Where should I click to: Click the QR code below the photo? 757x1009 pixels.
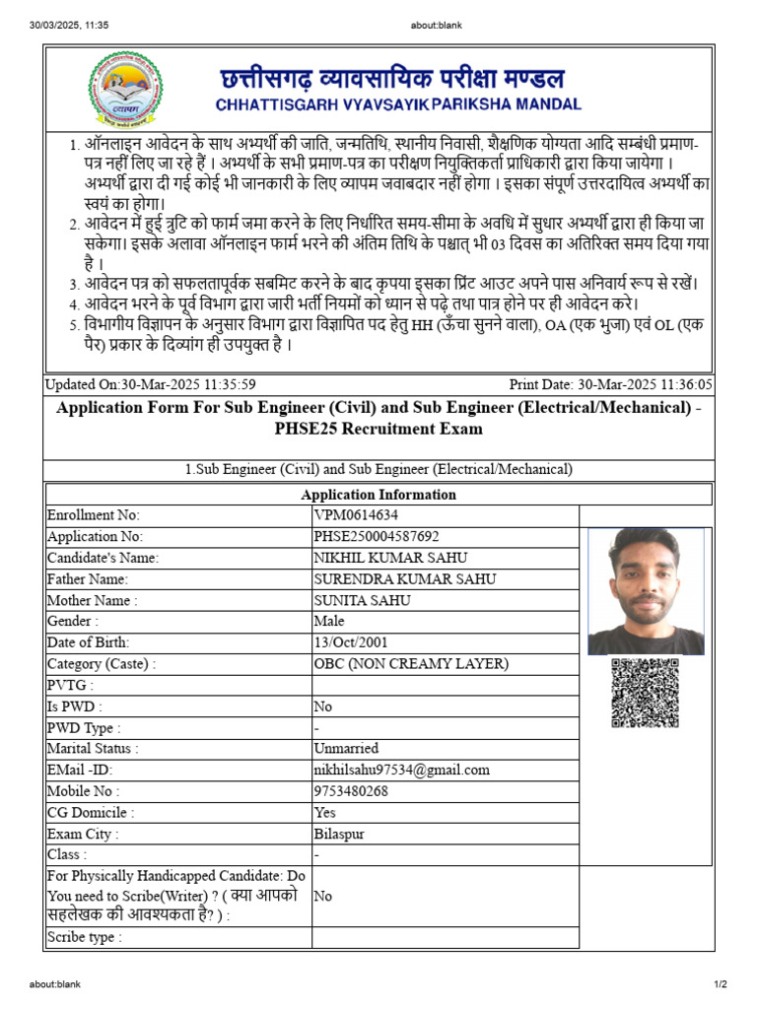point(645,693)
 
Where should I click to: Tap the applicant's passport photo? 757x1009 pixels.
point(646,591)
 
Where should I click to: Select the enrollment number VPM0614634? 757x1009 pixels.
point(356,515)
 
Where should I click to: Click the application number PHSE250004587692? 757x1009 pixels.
point(377,537)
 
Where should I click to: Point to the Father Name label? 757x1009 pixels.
point(88,579)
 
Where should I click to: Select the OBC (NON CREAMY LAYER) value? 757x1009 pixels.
point(411,664)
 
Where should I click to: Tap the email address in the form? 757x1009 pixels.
point(401,770)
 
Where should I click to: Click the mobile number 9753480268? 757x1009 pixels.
point(351,791)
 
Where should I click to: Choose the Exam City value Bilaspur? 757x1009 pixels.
point(339,834)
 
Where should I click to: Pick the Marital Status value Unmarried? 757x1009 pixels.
point(346,749)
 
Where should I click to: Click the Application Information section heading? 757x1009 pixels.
point(378,495)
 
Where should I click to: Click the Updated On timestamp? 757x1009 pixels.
point(151,385)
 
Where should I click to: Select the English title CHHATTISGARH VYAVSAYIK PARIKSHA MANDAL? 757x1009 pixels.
point(397,104)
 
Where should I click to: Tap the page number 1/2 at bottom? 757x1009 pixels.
point(720,984)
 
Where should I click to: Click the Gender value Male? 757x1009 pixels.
point(329,622)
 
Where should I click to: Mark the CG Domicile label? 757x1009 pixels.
point(91,813)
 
